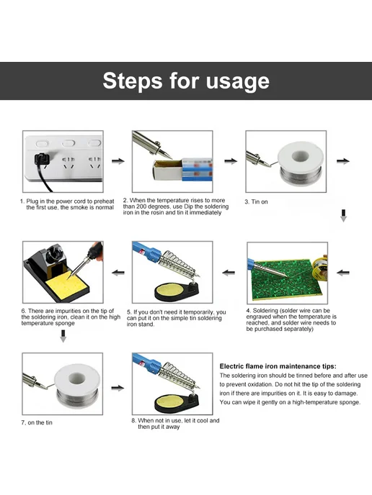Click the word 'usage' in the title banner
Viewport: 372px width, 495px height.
[x=238, y=81]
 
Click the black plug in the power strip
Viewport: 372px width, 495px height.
[x=41, y=159]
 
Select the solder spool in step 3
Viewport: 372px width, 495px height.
[x=301, y=163]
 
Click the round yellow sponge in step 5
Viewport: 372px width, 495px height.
[x=170, y=289]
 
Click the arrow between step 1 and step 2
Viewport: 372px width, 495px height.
[x=118, y=161]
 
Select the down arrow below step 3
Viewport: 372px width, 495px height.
[x=344, y=215]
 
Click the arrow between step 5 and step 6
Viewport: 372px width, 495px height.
[x=118, y=273]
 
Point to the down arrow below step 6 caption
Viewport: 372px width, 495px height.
[x=63, y=336]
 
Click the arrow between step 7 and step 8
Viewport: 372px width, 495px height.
[x=118, y=388]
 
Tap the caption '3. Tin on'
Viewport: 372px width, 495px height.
[x=256, y=201]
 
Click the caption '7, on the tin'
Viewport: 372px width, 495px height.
[x=37, y=422]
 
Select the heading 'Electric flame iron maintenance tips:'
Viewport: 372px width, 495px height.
[x=278, y=366]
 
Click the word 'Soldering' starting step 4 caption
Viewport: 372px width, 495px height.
[x=266, y=311]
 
